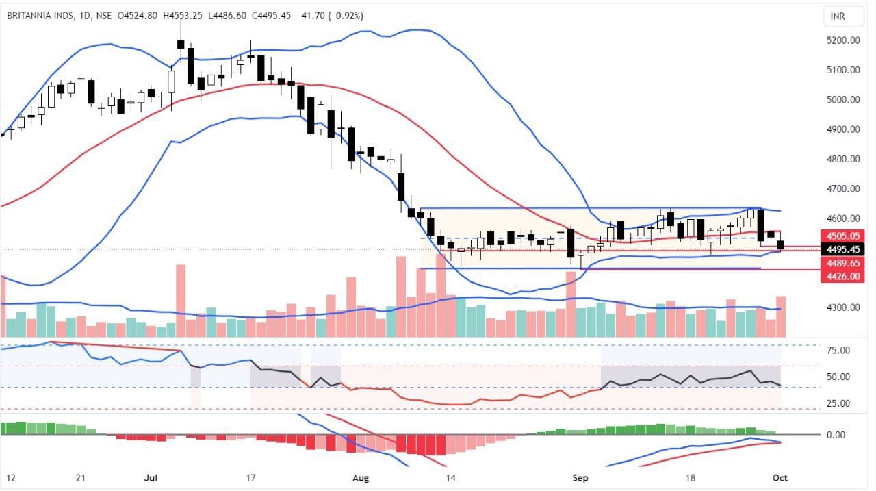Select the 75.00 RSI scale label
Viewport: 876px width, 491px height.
[840, 351]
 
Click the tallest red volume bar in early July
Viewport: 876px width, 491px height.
[181, 300]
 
